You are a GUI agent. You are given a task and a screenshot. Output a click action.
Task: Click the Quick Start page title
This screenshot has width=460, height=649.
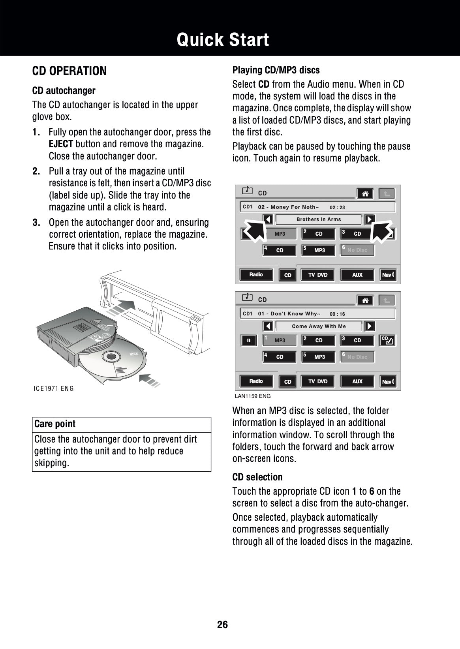pos(223,40)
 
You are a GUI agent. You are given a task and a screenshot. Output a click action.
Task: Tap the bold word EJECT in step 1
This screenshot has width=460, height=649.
pos(61,144)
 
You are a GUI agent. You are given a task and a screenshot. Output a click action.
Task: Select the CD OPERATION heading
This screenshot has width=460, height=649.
pos(69,71)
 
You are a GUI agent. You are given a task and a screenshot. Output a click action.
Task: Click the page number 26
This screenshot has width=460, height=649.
pos(222,625)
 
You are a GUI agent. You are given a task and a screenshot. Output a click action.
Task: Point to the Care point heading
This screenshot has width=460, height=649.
pos(55,424)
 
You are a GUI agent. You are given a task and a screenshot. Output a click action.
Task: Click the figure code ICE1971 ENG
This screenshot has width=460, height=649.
pos(54,388)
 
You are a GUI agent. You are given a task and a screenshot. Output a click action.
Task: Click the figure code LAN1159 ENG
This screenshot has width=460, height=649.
pos(253,396)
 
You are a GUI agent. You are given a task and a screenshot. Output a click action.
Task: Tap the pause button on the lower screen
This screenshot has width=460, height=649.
pos(249,340)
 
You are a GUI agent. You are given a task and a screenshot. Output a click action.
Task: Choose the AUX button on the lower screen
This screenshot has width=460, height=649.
pos(357,381)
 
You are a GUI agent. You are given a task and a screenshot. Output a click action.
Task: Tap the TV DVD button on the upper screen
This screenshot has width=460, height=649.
pos(318,275)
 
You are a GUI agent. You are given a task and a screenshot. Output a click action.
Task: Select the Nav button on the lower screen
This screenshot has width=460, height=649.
pos(388,381)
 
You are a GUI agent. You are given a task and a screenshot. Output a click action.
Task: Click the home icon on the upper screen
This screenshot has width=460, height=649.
pos(365,193)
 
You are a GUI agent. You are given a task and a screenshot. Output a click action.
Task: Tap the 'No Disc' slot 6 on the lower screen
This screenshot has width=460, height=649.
pos(357,357)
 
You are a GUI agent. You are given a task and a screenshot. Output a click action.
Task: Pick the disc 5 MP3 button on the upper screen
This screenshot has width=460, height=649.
pos(318,250)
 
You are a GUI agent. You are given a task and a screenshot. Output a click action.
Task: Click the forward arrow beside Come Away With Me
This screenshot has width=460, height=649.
pos(369,326)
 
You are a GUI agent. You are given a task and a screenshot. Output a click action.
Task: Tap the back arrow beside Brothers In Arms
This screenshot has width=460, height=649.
pos(268,219)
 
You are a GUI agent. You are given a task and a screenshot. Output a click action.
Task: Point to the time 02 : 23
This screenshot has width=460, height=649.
pos(337,207)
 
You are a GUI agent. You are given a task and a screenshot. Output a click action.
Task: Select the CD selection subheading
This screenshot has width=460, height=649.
pos(257,477)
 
